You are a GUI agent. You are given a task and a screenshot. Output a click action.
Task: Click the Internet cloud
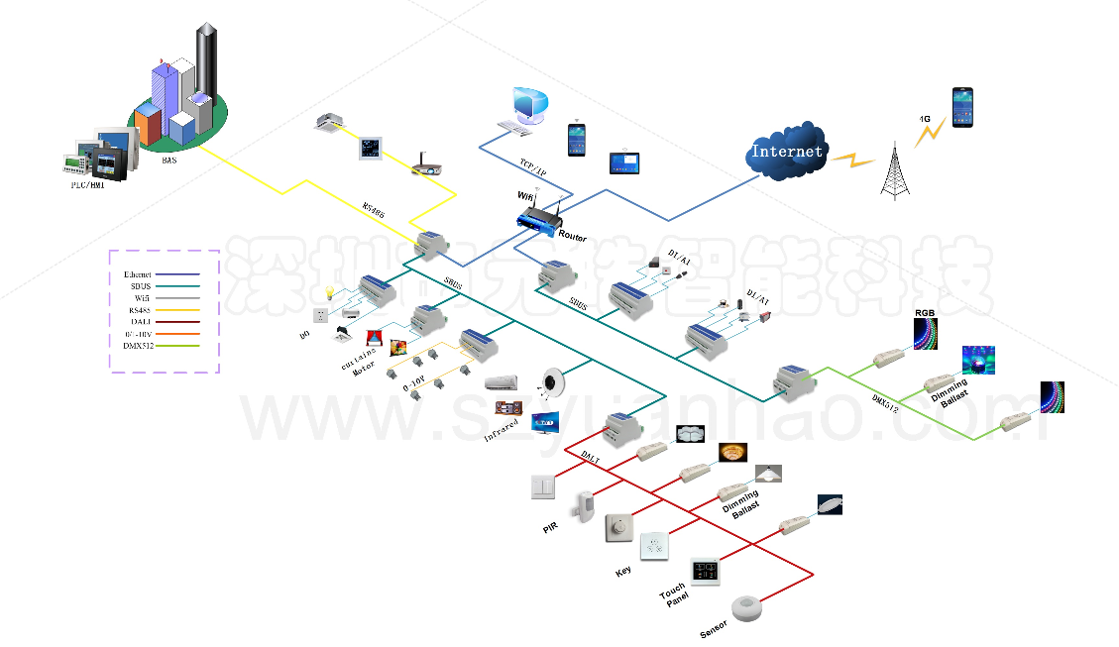787,152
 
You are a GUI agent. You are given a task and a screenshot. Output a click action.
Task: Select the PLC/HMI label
86,184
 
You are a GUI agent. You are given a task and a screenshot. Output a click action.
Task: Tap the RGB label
925,313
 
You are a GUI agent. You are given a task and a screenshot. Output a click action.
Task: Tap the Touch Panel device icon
705,572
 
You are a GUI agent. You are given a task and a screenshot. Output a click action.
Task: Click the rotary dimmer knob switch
618,529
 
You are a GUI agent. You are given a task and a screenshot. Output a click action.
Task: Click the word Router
573,238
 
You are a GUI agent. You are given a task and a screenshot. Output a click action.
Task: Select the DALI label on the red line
590,459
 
